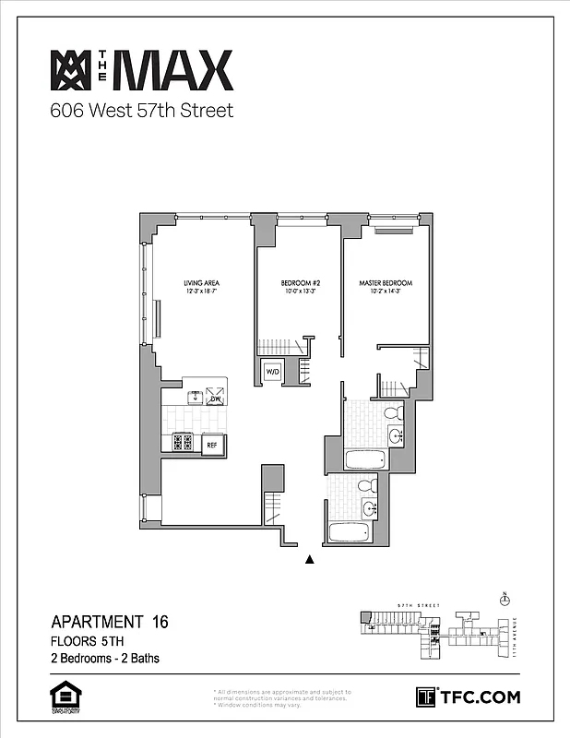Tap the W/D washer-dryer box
click(x=273, y=373)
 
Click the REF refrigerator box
click(x=212, y=444)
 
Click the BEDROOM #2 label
click(x=300, y=283)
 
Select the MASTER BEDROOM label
click(x=386, y=283)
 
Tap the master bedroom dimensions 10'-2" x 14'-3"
click(x=386, y=293)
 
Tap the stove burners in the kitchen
click(x=182, y=443)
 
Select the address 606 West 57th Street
click(x=141, y=112)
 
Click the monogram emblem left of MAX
click(x=68, y=69)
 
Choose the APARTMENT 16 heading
click(x=110, y=622)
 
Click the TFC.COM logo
click(x=468, y=697)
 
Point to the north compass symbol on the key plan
click(x=504, y=600)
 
